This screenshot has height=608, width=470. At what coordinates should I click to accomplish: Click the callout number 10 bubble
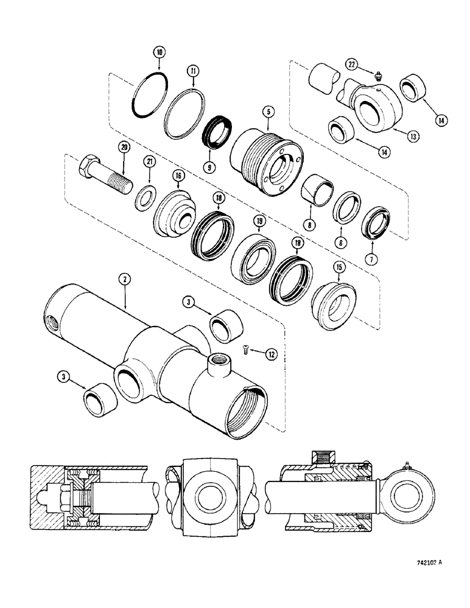point(159,53)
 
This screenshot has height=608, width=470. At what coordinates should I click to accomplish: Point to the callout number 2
point(124,280)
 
